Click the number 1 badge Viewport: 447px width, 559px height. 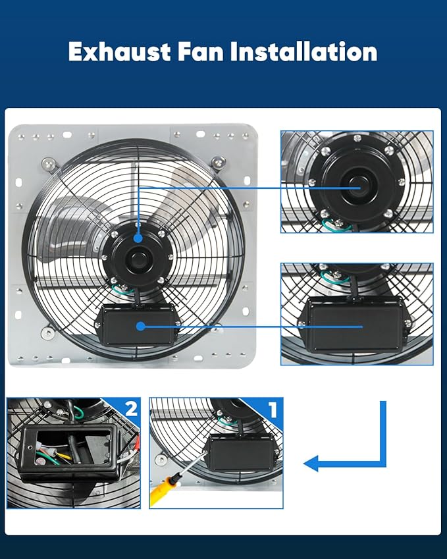[272, 410]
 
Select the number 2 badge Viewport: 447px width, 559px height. [130, 409]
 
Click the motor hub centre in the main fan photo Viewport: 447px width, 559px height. [138, 258]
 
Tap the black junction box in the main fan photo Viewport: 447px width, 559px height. [138, 326]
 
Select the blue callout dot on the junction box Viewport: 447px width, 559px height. [142, 325]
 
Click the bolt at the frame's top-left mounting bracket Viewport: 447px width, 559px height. [48, 163]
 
